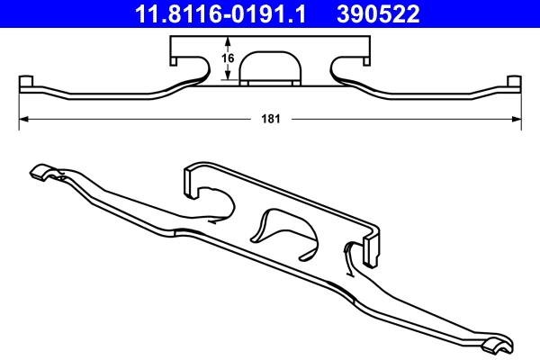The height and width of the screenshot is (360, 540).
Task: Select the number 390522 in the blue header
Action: coord(378,13)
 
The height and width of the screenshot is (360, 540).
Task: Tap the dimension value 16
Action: coord(229,58)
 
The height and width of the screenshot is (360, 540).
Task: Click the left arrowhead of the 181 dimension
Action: coord(25,118)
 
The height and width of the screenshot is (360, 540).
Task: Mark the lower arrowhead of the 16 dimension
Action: coord(229,79)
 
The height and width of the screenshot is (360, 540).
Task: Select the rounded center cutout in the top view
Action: coord(271,67)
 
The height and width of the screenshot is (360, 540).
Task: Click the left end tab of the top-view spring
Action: coord(25,84)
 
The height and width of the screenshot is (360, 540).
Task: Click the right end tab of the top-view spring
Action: coord(515,84)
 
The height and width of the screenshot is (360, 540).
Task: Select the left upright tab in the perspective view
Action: coord(190,179)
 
